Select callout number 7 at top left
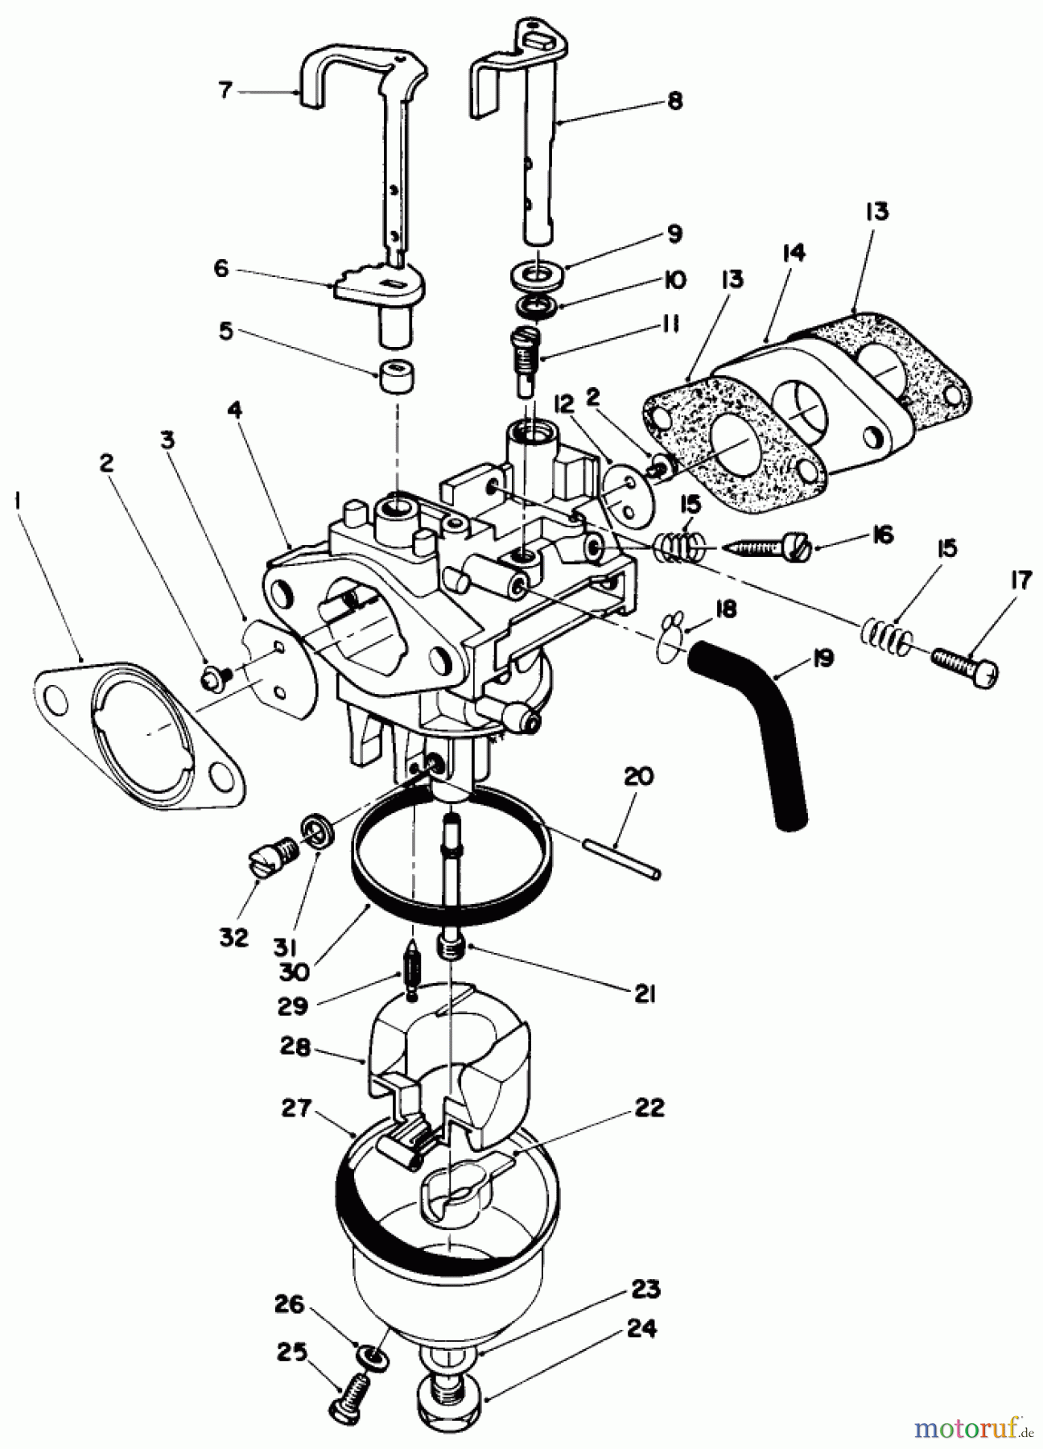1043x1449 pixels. coord(225,91)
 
